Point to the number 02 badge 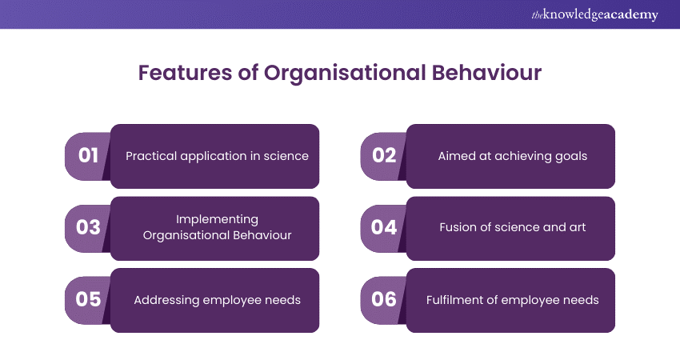click(384, 156)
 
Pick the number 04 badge click(384, 228)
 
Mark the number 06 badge click(384, 299)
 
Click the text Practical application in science click(217, 156)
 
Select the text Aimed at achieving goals click(512, 156)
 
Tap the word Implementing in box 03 click(217, 219)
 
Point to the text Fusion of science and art click(512, 227)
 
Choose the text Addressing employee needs click(217, 300)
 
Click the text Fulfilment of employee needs click(512, 300)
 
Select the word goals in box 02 click(571, 157)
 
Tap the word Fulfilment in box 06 click(454, 300)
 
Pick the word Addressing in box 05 click(165, 301)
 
